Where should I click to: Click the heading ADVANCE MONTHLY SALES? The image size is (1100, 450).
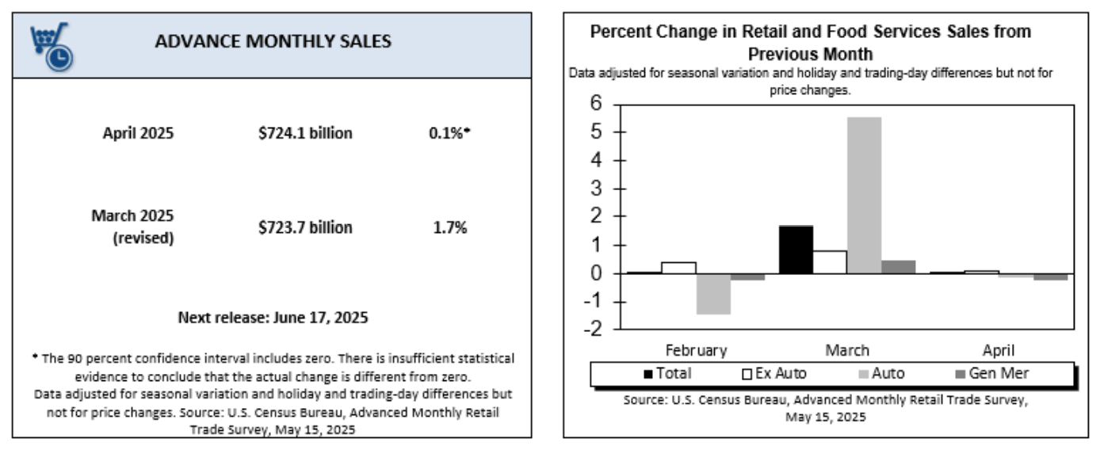click(273, 41)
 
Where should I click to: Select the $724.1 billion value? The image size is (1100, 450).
click(305, 133)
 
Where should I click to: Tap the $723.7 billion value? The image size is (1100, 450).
click(305, 227)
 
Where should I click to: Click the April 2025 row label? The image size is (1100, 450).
click(138, 133)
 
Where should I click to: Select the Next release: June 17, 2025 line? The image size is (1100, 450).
click(273, 318)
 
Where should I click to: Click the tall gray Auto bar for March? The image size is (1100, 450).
click(864, 195)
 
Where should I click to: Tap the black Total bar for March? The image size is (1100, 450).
click(796, 250)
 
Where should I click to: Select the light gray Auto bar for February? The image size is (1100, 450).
click(713, 293)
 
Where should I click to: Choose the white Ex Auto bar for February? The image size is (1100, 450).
click(678, 268)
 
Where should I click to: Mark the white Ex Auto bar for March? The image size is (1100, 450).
click(830, 261)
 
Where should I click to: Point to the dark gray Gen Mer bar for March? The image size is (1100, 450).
click(898, 267)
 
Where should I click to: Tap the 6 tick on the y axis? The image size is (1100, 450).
click(596, 105)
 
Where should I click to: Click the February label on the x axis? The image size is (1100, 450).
click(696, 349)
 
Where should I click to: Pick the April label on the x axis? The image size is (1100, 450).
click(999, 349)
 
